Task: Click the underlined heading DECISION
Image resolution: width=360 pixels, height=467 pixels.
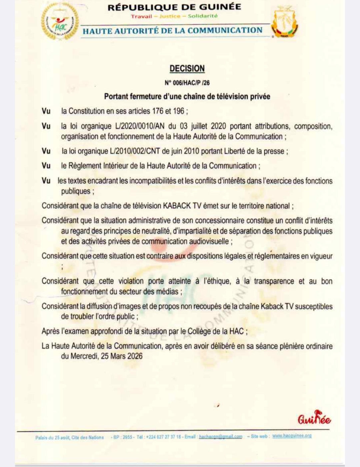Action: (187, 69)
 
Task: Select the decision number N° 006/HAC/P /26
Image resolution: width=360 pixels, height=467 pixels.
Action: (187, 83)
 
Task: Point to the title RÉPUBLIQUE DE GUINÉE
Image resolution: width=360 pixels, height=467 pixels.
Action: (174, 7)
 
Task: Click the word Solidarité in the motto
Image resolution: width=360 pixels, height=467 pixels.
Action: (203, 16)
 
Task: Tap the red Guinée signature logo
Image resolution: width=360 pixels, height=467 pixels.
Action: (314, 418)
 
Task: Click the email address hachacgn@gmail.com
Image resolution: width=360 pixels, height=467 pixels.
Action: (220, 437)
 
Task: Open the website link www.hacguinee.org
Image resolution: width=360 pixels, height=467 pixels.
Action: (292, 436)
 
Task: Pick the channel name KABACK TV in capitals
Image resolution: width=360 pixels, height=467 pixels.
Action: (182, 206)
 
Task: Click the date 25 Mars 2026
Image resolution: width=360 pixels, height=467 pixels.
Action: (122, 356)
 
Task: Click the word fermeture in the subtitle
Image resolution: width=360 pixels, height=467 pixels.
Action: (145, 97)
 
